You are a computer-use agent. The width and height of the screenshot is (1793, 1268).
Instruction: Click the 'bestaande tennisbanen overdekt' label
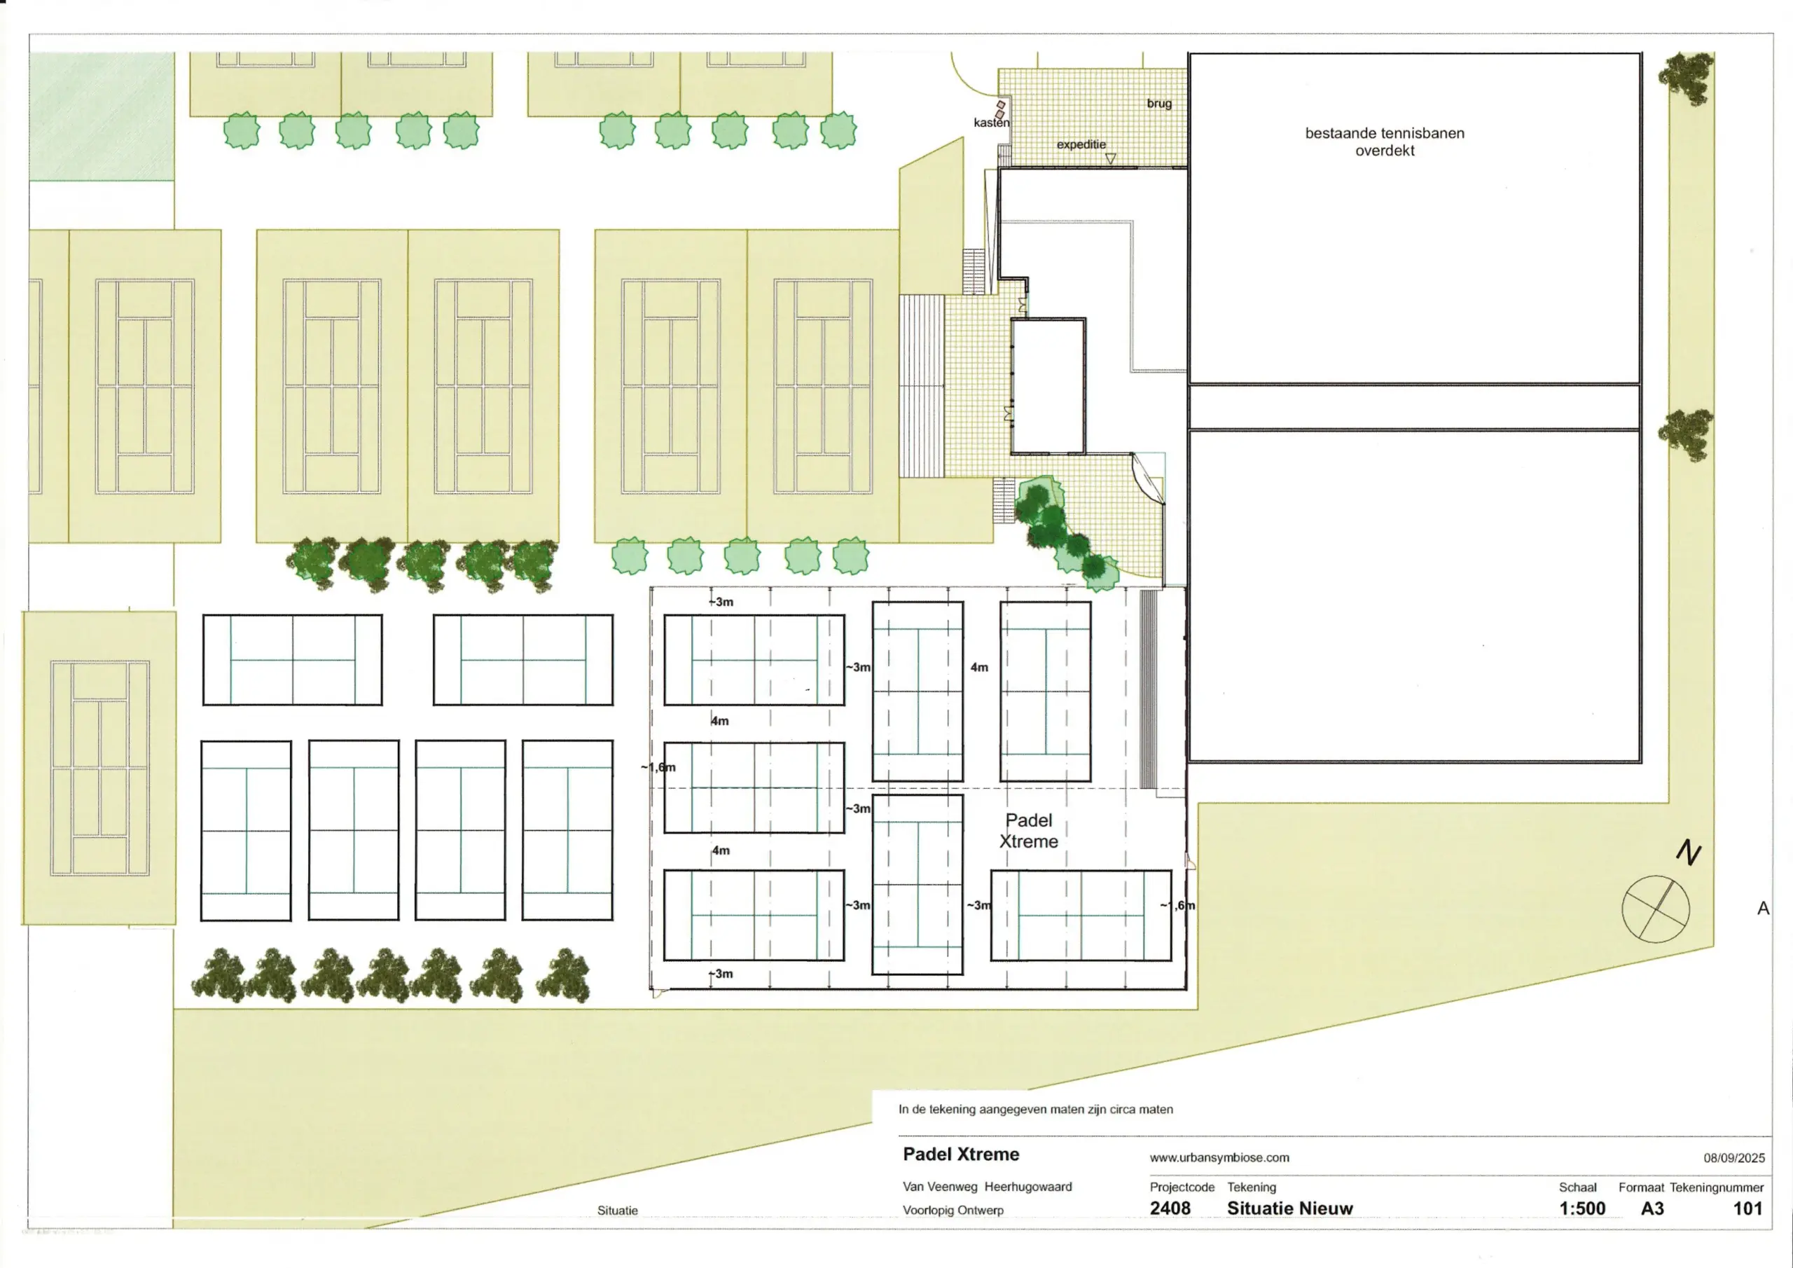click(x=1385, y=142)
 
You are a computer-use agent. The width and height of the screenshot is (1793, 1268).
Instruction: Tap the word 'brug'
click(x=1159, y=103)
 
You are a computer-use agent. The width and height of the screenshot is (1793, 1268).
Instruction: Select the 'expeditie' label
click(x=1081, y=144)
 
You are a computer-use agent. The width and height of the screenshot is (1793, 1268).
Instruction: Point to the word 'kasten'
click(x=991, y=123)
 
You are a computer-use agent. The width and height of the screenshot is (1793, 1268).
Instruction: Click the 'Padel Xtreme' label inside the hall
click(x=1028, y=830)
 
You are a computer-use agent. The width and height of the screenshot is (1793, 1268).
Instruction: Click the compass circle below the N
click(x=1656, y=909)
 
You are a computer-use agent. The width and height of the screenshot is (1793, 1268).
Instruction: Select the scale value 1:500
click(x=1581, y=1208)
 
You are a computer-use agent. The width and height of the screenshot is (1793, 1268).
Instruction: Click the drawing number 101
click(x=1747, y=1208)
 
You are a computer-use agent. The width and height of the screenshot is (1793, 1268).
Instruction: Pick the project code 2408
click(x=1170, y=1208)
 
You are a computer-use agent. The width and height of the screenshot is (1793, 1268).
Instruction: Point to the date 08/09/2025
click(x=1733, y=1158)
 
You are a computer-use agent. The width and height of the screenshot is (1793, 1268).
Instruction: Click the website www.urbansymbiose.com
click(x=1219, y=1158)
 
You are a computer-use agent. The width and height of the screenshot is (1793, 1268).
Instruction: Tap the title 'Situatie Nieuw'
click(x=1289, y=1208)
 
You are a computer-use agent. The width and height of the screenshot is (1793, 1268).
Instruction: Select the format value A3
click(x=1652, y=1208)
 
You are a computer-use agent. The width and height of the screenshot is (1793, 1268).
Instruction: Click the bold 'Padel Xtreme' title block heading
click(x=960, y=1155)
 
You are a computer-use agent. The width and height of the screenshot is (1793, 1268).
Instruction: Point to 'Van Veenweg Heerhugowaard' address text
click(x=987, y=1187)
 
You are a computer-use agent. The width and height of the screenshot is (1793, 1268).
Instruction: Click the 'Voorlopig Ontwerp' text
click(x=953, y=1210)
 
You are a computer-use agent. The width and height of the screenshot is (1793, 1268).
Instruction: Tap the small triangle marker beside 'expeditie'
click(x=1111, y=158)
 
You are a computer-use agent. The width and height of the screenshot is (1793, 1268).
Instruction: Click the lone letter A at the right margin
click(x=1763, y=908)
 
